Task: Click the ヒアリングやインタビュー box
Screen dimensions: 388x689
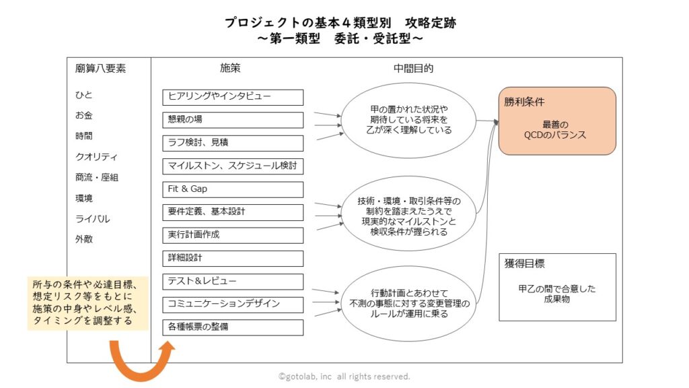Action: tap(233, 97)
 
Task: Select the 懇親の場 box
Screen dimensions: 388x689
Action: tap(233, 120)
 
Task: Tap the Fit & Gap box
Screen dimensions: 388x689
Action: tap(233, 189)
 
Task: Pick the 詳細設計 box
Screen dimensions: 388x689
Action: tap(233, 258)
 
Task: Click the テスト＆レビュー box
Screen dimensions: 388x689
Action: tap(233, 282)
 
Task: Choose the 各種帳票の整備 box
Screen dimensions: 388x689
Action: tap(233, 327)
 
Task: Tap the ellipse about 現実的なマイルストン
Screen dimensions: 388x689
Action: tap(410, 213)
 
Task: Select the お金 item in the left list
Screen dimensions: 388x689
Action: tap(84, 115)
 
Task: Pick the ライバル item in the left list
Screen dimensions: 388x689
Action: tap(93, 219)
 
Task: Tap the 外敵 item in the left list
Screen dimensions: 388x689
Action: tap(84, 239)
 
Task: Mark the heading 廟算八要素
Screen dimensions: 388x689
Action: tap(100, 69)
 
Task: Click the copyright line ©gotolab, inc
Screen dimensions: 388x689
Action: tap(344, 377)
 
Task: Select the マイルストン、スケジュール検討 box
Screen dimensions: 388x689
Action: tap(233, 166)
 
